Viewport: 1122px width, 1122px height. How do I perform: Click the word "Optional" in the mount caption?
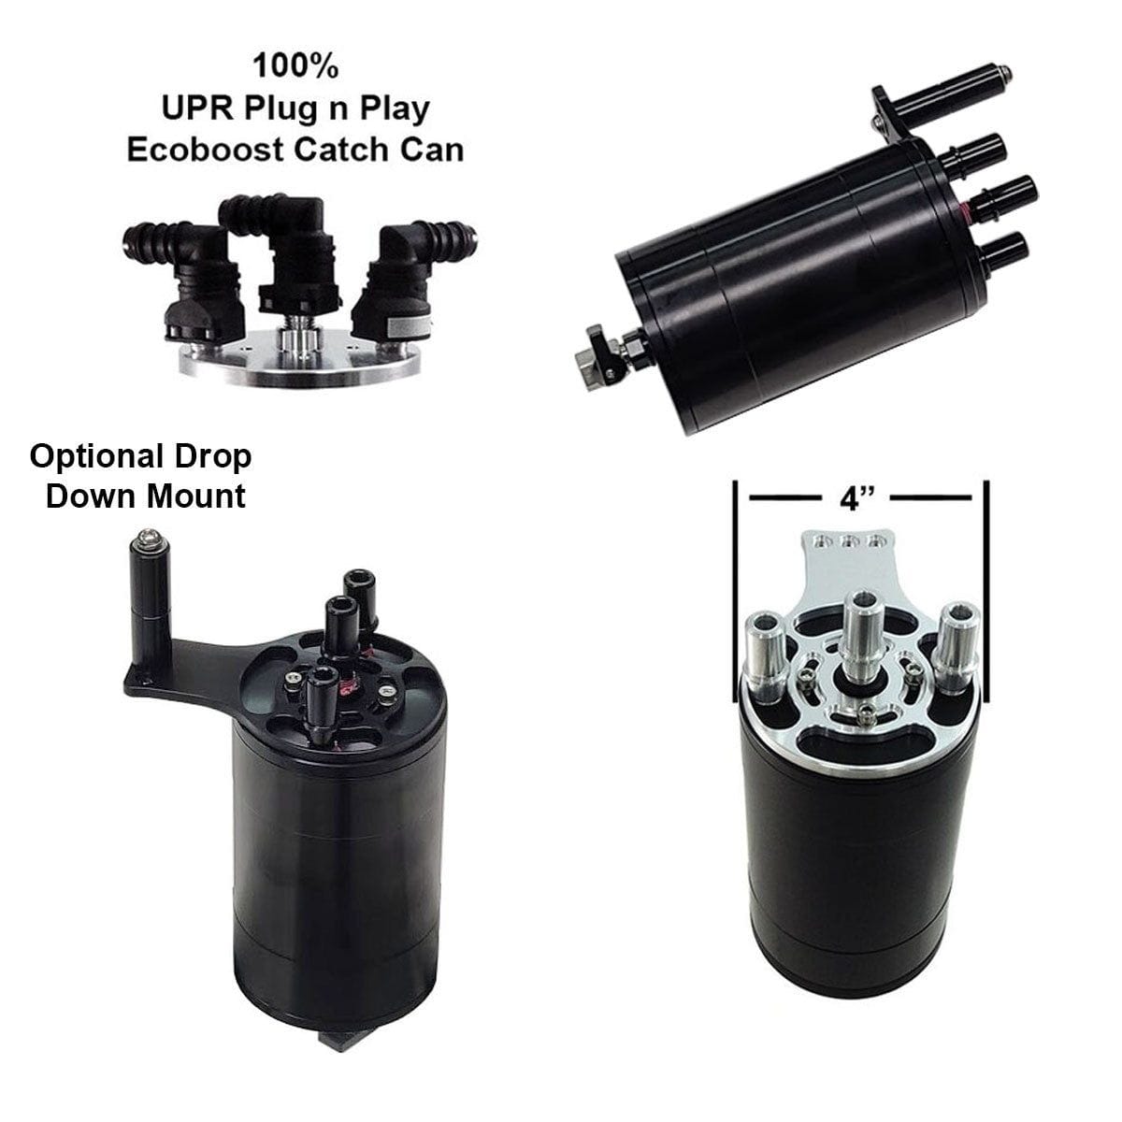pos(96,457)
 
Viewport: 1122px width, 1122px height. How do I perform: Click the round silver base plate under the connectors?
pos(299,359)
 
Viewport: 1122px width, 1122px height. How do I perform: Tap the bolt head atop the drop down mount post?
pos(149,539)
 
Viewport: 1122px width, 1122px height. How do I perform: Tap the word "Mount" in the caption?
pos(195,497)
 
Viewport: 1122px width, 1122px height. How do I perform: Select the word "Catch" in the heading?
pos(340,150)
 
